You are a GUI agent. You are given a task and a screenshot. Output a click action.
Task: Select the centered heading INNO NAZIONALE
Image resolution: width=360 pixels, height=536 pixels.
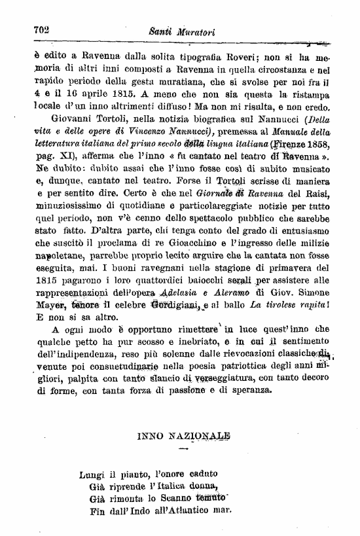pyautogui.click(x=183, y=435)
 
